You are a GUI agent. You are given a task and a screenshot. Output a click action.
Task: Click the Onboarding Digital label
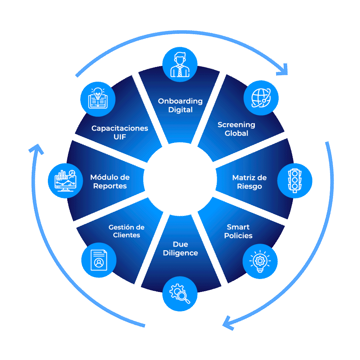point(180,105)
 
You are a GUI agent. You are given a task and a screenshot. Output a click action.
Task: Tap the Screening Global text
point(237,129)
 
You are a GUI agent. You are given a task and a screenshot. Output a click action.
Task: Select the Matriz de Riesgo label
point(249,182)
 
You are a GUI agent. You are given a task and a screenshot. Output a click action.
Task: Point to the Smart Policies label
point(238,231)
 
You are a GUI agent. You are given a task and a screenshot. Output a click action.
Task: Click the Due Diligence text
point(180,249)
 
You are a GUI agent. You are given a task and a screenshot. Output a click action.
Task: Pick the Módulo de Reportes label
point(110,182)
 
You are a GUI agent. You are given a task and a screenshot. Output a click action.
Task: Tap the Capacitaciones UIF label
point(120,132)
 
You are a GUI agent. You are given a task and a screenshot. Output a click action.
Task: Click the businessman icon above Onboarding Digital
point(180,64)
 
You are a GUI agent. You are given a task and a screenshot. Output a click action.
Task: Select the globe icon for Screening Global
point(261,98)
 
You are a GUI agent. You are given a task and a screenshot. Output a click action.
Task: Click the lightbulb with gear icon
point(260,261)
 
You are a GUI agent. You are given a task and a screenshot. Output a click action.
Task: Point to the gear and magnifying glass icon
point(180,293)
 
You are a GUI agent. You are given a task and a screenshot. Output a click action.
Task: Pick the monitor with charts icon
point(65,180)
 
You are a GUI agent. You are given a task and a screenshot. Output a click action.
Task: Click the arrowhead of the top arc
point(283,69)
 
